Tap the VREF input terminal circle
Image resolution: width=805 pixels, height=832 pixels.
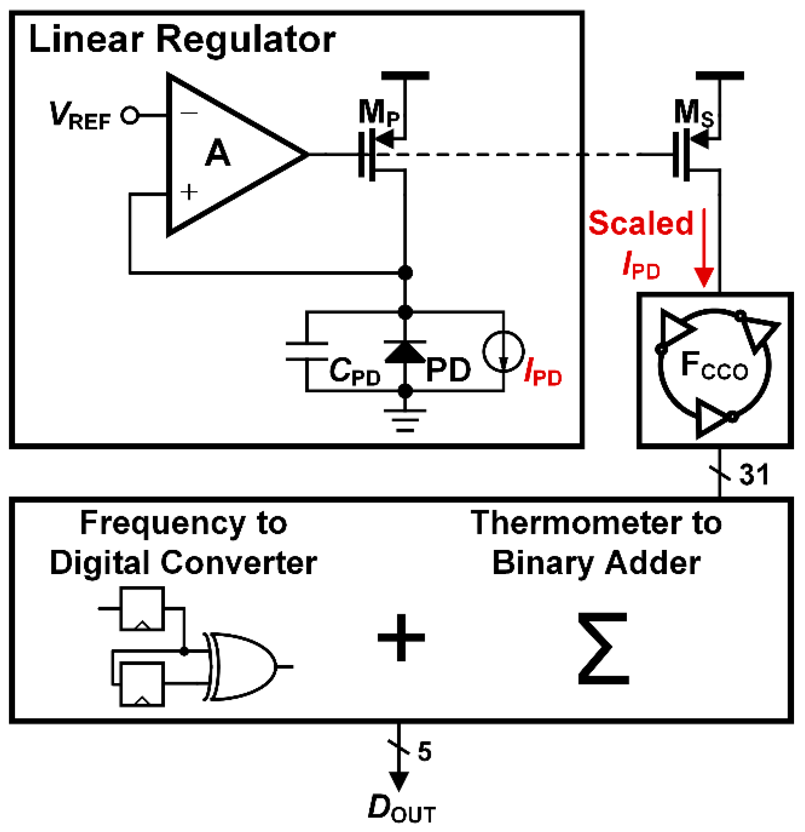click(x=130, y=115)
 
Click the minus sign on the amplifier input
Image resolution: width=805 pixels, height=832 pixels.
click(x=189, y=113)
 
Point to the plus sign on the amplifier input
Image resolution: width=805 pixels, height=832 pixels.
click(x=189, y=192)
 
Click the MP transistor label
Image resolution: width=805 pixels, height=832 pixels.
click(x=378, y=113)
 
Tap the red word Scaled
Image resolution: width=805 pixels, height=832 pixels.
click(x=641, y=223)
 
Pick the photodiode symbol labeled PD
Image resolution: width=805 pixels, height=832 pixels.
click(x=405, y=352)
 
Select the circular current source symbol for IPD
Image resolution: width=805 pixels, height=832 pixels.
click(x=504, y=351)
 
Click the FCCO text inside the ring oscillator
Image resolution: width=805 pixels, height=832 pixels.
click(x=714, y=366)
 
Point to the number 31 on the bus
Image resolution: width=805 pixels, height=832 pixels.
click(x=754, y=475)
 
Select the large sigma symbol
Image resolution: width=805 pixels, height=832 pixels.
click(x=603, y=648)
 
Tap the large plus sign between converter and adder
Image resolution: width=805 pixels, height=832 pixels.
click(x=401, y=638)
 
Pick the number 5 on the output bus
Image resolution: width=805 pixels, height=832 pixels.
click(x=424, y=752)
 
